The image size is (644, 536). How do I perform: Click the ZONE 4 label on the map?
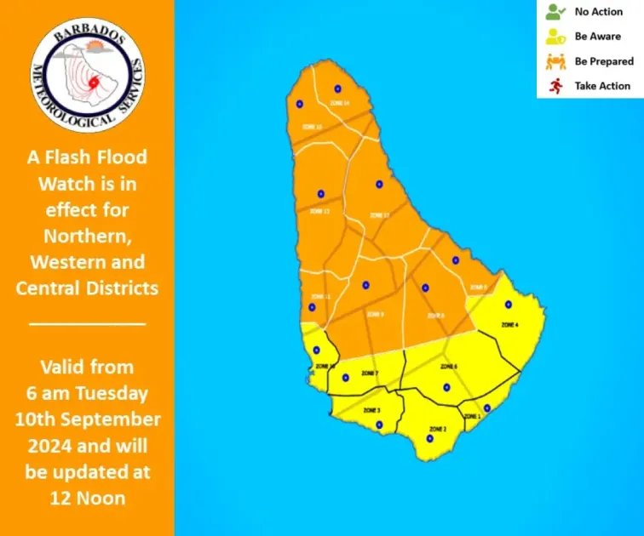(509, 325)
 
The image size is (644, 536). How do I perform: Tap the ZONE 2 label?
(438, 429)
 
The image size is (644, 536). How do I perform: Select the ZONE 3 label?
(371, 410)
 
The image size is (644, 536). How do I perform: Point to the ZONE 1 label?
(472, 416)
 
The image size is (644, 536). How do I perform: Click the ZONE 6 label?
(449, 367)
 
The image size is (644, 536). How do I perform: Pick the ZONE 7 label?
(369, 373)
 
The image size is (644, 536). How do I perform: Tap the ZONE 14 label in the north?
(339, 103)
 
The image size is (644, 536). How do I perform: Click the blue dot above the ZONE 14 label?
(337, 88)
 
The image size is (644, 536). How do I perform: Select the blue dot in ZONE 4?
(509, 305)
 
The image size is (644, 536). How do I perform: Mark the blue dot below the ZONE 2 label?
(429, 439)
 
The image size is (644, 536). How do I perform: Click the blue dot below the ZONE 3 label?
(379, 425)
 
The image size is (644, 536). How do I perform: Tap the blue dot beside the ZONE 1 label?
(486, 408)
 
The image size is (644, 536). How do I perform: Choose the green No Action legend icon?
(555, 12)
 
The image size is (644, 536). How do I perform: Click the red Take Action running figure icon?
(555, 85)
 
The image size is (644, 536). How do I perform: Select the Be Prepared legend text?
(604, 61)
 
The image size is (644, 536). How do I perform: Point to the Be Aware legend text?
(598, 37)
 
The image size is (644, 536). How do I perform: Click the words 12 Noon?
(87, 499)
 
